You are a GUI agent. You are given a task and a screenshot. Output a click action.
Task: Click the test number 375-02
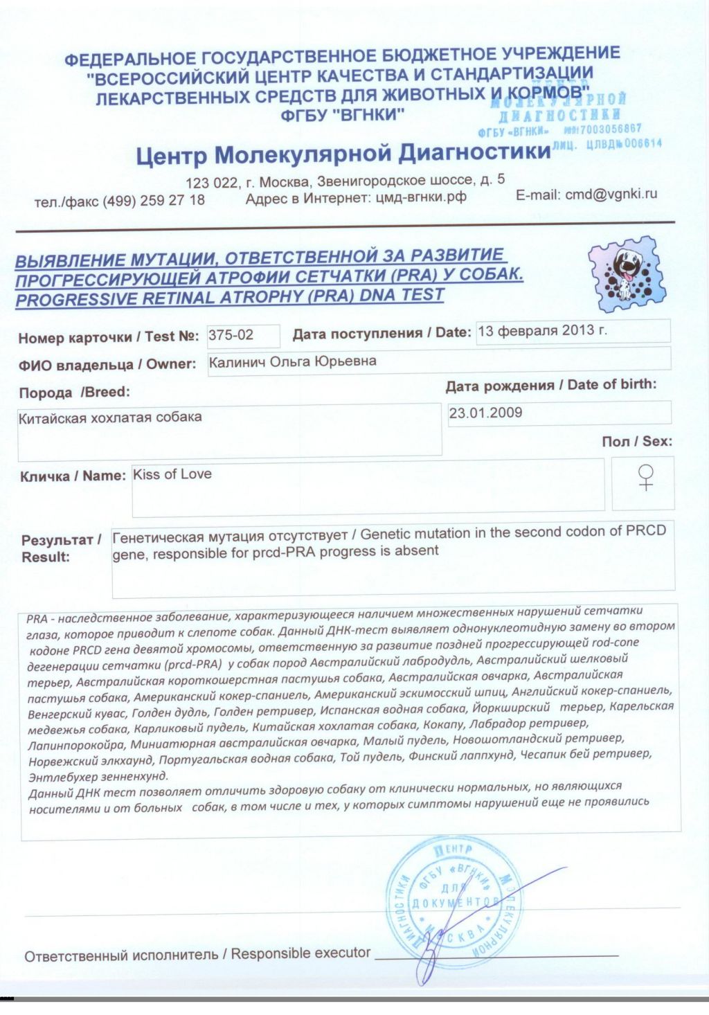pos(231,336)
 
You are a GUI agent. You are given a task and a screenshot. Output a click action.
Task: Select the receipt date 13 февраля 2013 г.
pos(542,330)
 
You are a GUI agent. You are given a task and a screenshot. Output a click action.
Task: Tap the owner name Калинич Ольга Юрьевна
pos(293,361)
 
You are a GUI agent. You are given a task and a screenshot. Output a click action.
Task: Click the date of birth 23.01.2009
pos(485,413)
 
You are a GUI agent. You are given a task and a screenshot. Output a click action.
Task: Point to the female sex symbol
pos(645,478)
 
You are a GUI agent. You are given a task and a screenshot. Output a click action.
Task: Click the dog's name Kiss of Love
pos(172,474)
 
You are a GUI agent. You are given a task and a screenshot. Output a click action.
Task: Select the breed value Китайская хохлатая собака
pos(110,417)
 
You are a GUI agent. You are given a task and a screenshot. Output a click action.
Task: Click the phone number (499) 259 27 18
pos(154,201)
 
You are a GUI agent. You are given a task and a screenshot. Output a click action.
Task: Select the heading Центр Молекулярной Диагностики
pos(343,154)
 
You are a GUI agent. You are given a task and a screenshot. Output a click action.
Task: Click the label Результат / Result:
pos(61,548)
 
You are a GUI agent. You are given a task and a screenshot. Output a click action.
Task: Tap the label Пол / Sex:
pos(637,442)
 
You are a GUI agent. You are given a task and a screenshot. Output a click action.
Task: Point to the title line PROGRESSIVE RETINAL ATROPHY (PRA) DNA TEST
pos(229,298)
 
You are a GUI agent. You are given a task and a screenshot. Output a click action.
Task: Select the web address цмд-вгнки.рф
pos(421,197)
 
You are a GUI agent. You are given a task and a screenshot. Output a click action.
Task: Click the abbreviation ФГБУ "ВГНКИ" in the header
pos(342,116)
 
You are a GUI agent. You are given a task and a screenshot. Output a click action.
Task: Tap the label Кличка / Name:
pos(73,476)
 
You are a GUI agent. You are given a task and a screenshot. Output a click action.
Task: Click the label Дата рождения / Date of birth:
pos(551,385)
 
